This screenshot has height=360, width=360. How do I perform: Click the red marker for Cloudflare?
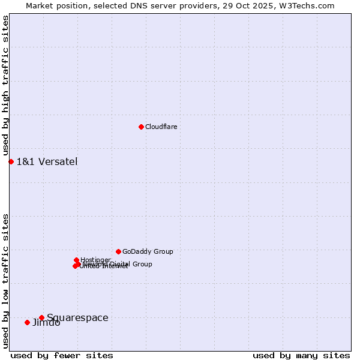click(x=141, y=127)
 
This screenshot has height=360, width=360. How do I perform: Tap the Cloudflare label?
click(x=161, y=127)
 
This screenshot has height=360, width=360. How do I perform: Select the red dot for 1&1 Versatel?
click(x=11, y=161)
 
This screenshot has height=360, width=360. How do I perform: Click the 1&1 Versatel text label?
click(x=47, y=161)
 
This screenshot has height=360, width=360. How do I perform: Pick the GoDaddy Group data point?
click(x=118, y=251)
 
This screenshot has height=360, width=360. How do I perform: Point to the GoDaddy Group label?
click(x=148, y=251)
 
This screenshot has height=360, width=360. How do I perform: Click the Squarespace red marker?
click(x=41, y=317)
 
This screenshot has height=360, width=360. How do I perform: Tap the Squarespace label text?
click(x=77, y=317)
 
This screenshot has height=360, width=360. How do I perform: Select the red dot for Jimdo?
click(x=27, y=322)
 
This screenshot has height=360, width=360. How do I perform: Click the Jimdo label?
click(x=46, y=323)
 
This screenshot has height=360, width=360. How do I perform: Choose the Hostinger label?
click(x=95, y=260)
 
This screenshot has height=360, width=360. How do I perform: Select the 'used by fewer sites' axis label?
click(x=62, y=355)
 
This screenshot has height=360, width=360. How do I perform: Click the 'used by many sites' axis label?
click(x=301, y=355)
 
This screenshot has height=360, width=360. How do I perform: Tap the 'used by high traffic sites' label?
click(x=5, y=86)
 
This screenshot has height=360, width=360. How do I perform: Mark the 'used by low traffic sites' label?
click(x=5, y=280)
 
